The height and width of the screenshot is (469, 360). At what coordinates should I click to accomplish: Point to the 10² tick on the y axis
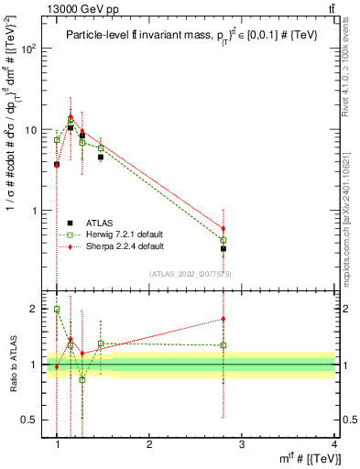(31, 49)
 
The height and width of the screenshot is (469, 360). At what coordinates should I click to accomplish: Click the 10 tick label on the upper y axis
(34, 129)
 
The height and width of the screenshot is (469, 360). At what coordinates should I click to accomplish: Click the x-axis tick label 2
(149, 445)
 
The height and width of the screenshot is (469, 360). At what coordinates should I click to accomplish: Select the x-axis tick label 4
(333, 445)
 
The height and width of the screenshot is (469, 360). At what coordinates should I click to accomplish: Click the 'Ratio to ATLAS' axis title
(11, 365)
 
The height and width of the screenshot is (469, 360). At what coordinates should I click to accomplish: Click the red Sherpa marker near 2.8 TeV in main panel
(224, 228)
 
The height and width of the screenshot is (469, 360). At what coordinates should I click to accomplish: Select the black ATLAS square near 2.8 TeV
(224, 248)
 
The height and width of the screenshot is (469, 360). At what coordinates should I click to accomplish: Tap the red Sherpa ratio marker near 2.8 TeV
(224, 319)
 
